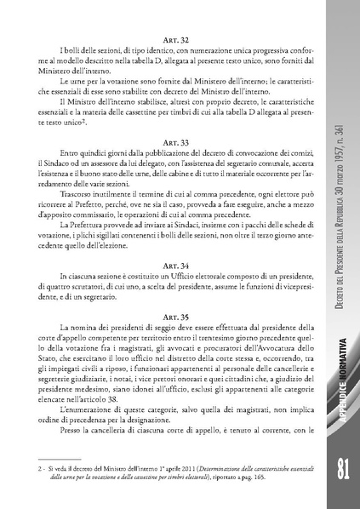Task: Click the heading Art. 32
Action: [161, 40]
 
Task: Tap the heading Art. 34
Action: [161, 264]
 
